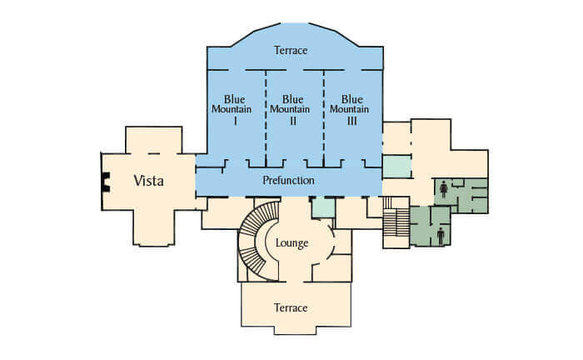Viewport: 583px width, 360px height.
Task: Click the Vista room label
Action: [x=148, y=181]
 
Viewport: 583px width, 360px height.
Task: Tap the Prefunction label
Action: [x=288, y=180]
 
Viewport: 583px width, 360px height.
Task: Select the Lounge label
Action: [x=291, y=243]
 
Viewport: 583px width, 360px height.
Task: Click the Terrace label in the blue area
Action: [x=291, y=50]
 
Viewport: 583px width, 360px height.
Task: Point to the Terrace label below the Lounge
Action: [x=291, y=308]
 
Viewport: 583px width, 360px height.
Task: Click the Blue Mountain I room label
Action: [x=232, y=110]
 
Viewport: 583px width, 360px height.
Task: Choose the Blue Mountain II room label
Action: [x=290, y=110]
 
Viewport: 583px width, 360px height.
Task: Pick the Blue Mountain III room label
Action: [x=350, y=110]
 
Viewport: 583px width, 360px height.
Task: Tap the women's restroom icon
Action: [x=444, y=189]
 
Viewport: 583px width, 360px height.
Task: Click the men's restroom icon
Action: [x=441, y=236]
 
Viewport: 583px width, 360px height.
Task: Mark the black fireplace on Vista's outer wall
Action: [x=106, y=182]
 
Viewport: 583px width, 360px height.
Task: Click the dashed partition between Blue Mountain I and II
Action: [x=266, y=118]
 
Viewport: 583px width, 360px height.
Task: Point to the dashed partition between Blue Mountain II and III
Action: [x=324, y=118]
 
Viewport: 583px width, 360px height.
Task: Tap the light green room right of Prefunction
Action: [x=397, y=167]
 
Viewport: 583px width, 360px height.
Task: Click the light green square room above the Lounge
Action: [x=323, y=207]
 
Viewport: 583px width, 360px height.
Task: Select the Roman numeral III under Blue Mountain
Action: [x=351, y=121]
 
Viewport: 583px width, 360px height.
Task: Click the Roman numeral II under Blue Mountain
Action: [x=293, y=121]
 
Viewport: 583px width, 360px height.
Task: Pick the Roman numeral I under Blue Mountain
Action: [x=235, y=121]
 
